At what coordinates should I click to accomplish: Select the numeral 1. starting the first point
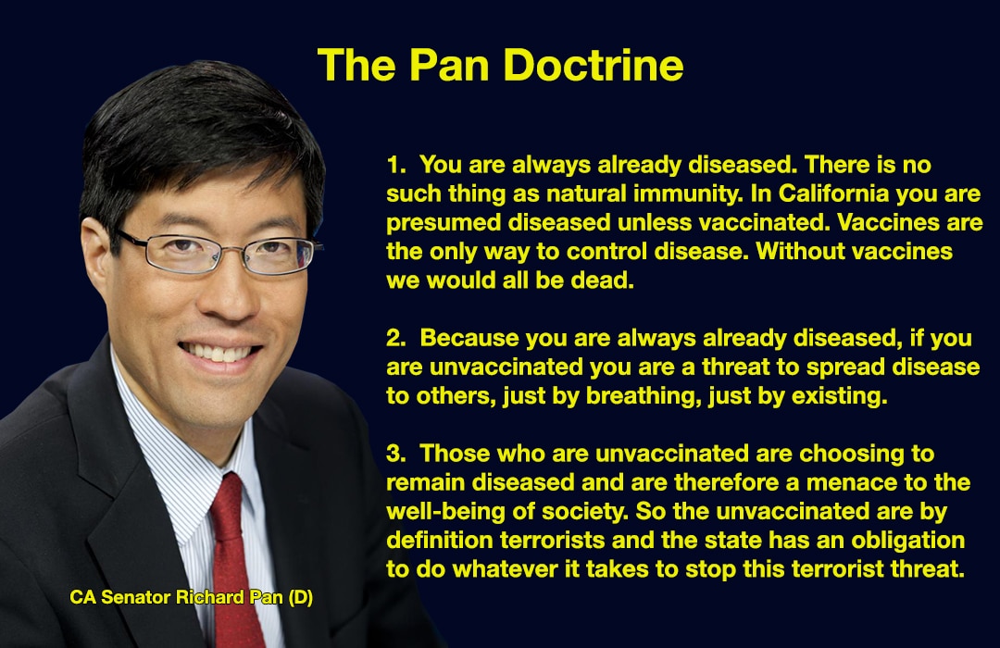[395, 165]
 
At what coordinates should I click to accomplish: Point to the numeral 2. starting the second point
[396, 338]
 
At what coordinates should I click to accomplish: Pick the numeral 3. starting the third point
[396, 454]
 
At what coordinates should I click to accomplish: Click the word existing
[839, 397]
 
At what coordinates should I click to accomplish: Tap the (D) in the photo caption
[300, 598]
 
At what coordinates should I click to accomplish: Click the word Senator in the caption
[136, 598]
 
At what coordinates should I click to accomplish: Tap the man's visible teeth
[219, 352]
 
